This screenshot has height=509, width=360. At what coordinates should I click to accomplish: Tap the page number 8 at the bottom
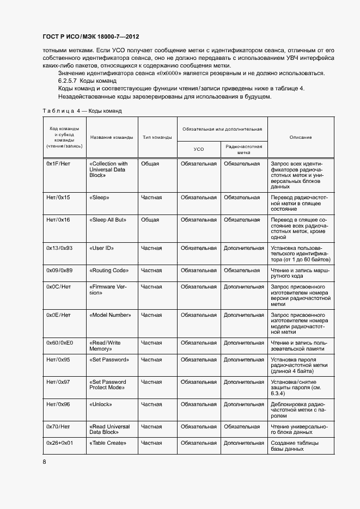[x=45, y=462]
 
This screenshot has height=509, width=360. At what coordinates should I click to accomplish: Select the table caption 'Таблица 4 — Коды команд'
[x=82, y=111]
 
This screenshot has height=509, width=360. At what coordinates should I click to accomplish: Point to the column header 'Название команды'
[x=112, y=137]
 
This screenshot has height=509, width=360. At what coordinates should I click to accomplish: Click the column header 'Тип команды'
[x=157, y=137]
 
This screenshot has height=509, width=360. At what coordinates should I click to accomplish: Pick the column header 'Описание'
[x=301, y=137]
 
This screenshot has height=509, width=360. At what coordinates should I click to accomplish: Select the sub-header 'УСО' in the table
[x=199, y=149]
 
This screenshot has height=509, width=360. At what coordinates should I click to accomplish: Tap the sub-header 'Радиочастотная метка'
[x=243, y=149]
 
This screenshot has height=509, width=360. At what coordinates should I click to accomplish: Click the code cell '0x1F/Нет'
[x=59, y=163]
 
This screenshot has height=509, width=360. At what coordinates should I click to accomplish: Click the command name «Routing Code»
[x=109, y=270]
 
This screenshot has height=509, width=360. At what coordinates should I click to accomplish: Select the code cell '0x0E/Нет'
[x=59, y=315]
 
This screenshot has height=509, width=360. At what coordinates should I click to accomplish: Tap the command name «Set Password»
[x=109, y=360]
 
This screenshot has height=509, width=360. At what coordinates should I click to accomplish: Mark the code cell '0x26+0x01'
[x=60, y=443]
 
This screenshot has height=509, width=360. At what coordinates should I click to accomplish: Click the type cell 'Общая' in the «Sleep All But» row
[x=150, y=220]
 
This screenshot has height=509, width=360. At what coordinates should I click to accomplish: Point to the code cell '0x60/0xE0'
[x=60, y=343]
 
